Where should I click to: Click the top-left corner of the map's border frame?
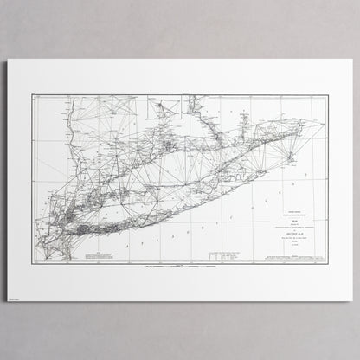pyautogui.click(x=32, y=94)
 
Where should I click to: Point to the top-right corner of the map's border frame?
pyautogui.click(x=326, y=94)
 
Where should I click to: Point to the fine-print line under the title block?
pyautogui.click(x=286, y=229)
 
